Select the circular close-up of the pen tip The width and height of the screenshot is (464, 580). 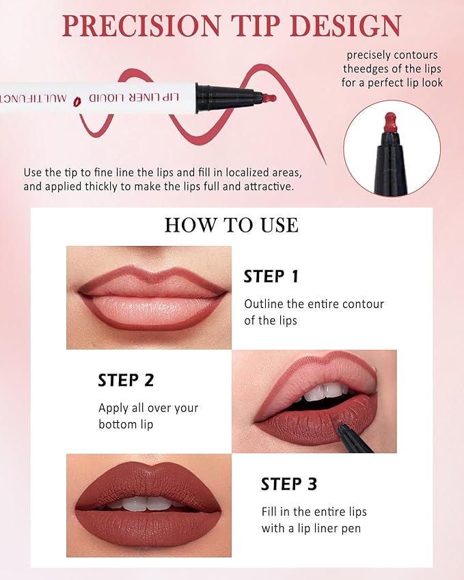tap(392, 148)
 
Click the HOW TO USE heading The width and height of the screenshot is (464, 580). tap(231, 225)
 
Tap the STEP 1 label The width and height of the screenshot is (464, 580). tap(271, 277)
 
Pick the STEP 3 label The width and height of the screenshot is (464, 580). tap(288, 484)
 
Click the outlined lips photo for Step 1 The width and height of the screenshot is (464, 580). tap(149, 298)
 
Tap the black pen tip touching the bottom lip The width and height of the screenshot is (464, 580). tap(352, 435)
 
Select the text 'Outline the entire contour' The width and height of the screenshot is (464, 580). tap(314, 304)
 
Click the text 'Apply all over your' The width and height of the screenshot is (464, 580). tap(148, 408)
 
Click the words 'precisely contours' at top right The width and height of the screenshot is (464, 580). tap(392, 55)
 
